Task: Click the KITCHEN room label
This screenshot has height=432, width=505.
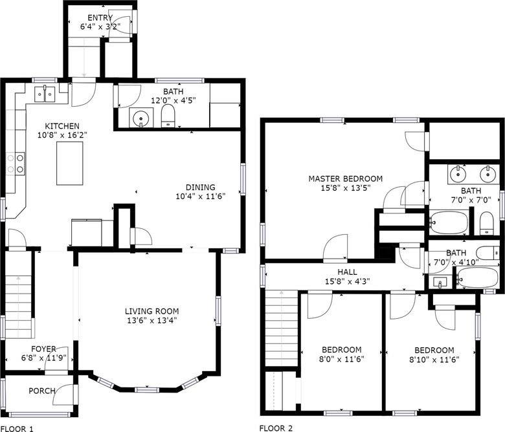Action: tap(62, 125)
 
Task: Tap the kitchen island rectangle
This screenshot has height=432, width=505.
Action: tap(69, 163)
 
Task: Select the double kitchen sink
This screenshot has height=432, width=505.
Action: tap(45, 94)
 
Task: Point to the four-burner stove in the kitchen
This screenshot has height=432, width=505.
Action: tap(16, 164)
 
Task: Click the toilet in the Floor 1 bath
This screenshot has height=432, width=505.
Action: tap(168, 116)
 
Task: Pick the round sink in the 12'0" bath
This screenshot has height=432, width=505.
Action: tap(140, 118)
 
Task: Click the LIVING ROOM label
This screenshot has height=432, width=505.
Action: tap(151, 311)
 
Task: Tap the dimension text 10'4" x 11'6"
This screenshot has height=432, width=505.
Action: tap(200, 196)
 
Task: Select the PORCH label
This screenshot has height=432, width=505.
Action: tap(42, 391)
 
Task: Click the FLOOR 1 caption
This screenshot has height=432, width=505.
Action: tap(17, 429)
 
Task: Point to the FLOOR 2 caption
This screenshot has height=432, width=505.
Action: tap(276, 428)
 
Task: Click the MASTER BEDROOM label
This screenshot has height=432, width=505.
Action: tap(346, 178)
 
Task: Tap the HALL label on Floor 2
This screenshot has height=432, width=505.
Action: tap(347, 272)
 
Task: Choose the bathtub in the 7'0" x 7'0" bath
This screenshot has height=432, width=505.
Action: tap(449, 222)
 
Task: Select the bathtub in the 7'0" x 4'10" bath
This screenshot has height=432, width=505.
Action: tap(477, 277)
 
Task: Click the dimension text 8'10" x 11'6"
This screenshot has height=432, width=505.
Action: tap(434, 360)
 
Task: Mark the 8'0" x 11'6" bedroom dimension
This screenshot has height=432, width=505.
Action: tap(341, 359)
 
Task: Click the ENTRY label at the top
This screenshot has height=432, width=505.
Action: tap(100, 17)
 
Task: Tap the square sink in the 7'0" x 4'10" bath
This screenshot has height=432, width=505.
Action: tap(440, 282)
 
